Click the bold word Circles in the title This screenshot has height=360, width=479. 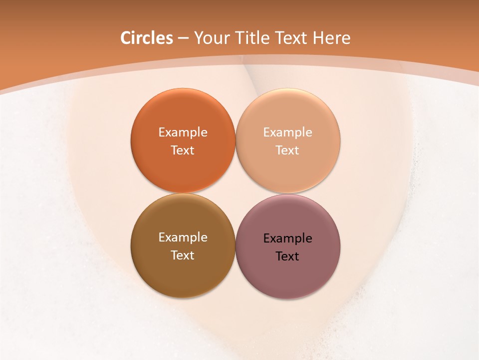(147, 38)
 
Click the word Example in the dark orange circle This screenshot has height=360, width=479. (183, 132)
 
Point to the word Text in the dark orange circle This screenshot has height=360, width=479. (183, 150)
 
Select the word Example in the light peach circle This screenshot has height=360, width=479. (287, 132)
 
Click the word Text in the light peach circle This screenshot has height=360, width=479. (287, 150)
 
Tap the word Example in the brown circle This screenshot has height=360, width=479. (183, 237)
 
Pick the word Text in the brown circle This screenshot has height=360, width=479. (183, 255)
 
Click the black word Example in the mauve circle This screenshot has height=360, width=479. (287, 238)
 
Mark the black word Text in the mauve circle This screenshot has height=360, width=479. (287, 256)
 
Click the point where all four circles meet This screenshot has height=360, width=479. (236, 193)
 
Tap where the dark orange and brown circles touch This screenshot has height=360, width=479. (183, 193)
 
